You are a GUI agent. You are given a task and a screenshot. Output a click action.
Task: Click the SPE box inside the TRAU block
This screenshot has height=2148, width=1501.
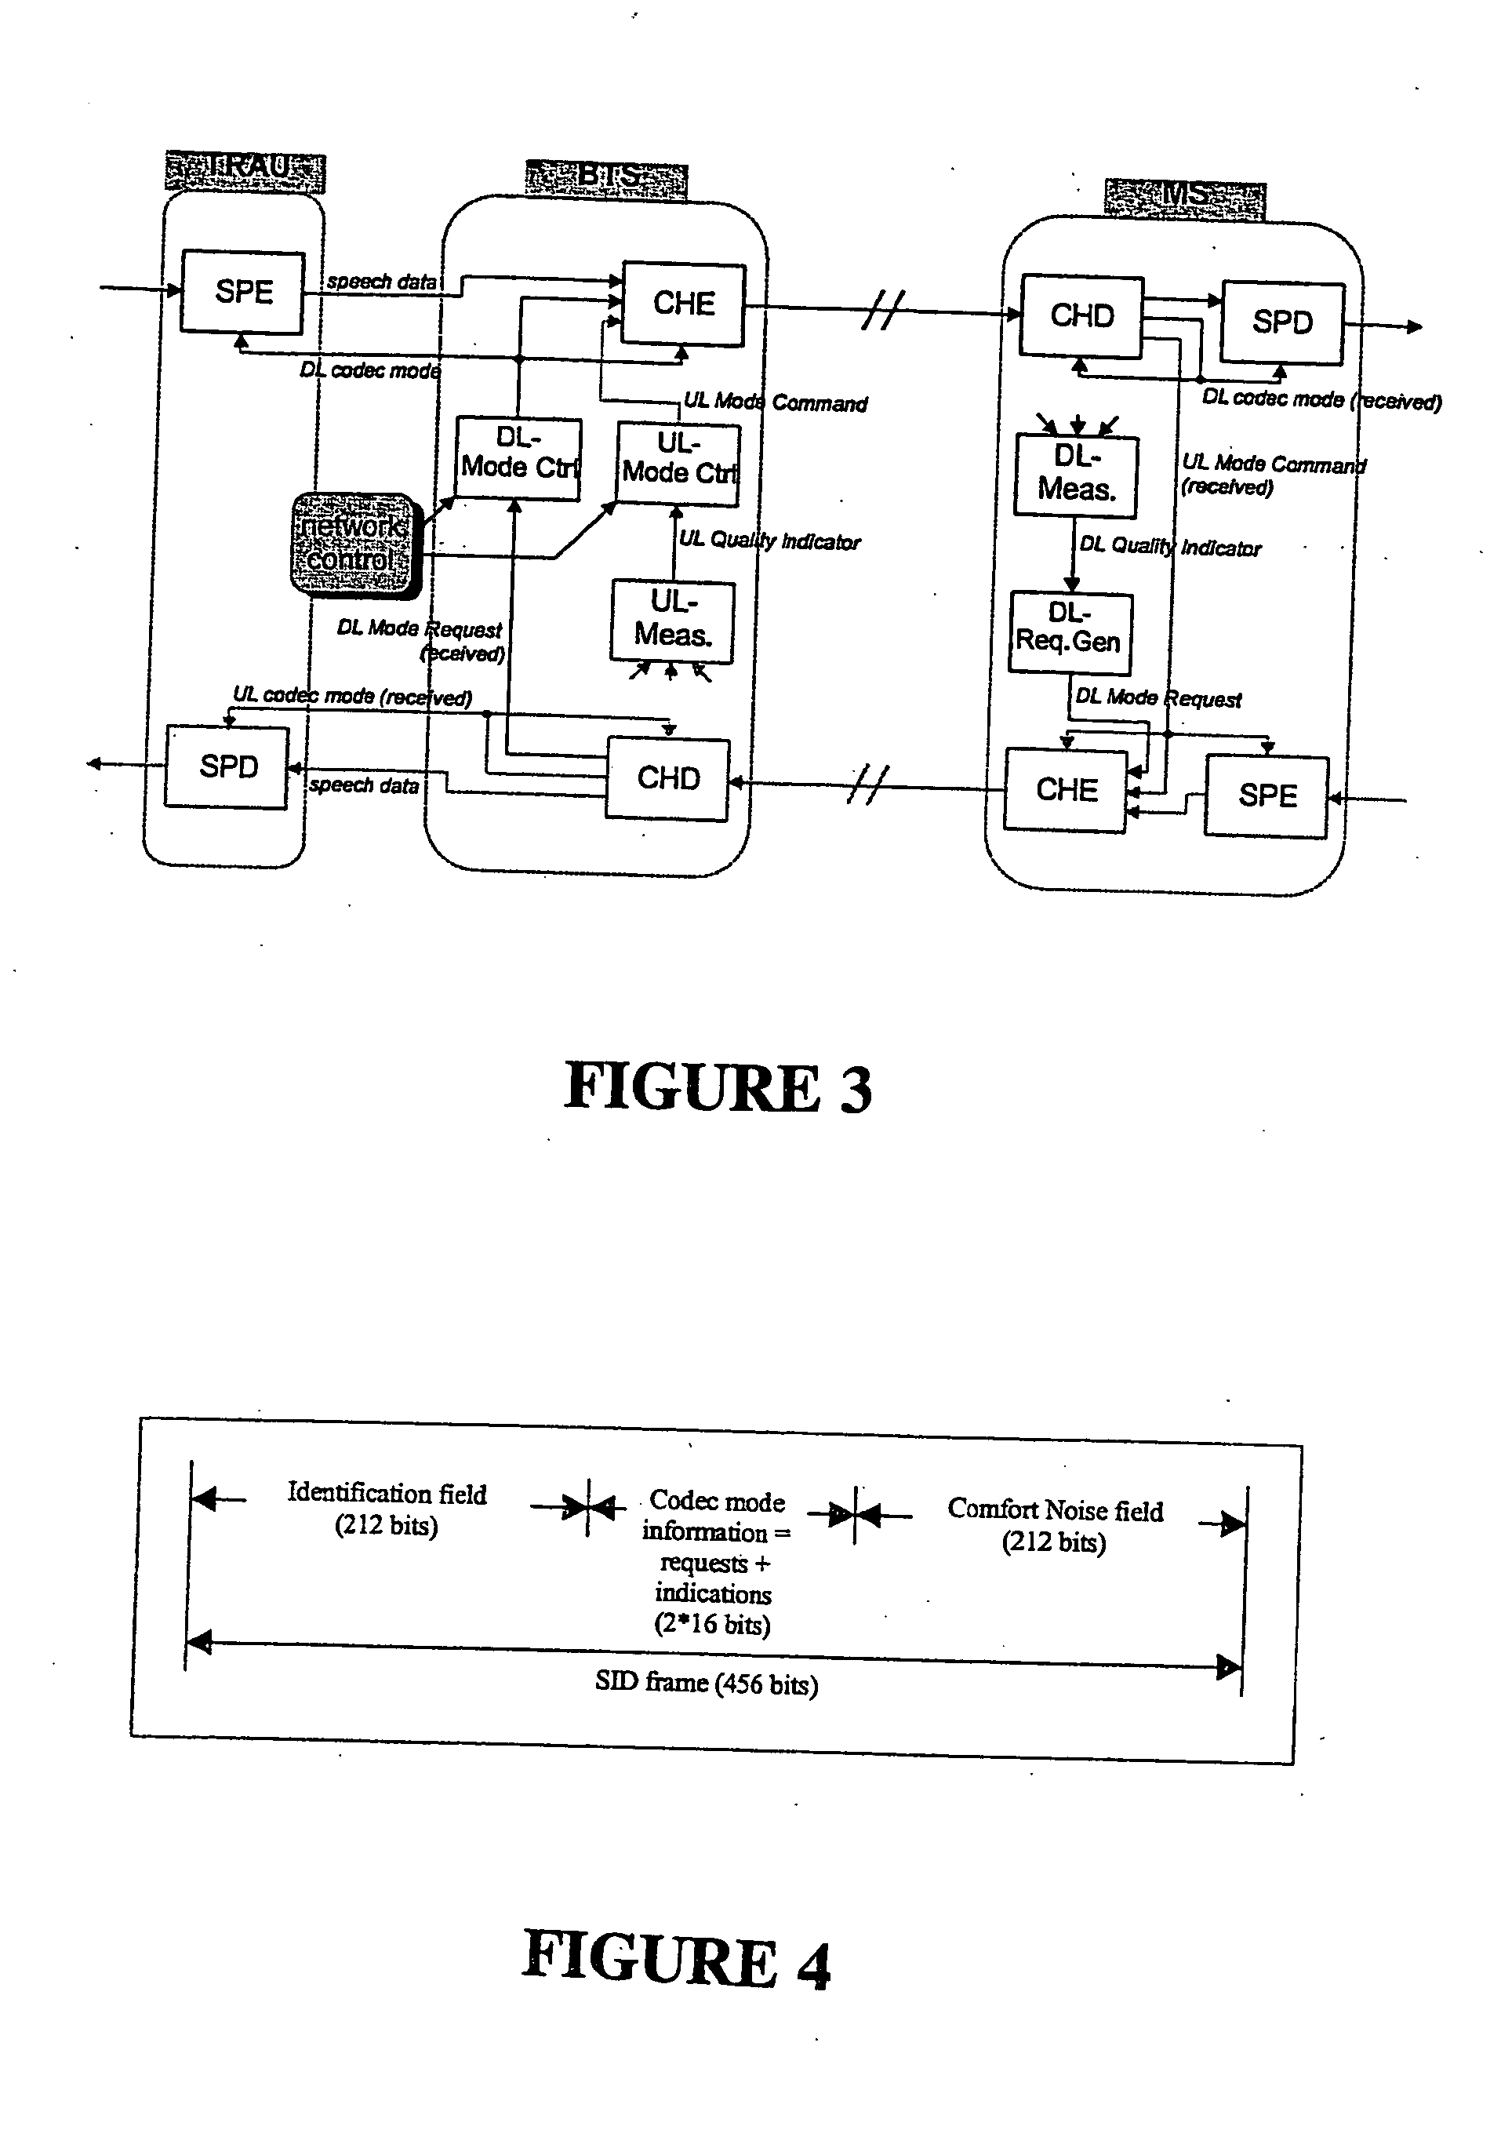[x=242, y=292]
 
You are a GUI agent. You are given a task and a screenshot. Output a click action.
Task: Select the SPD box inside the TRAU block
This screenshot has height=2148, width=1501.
[x=227, y=766]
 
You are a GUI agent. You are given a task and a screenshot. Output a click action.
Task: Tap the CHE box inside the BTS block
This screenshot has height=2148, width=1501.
[x=684, y=304]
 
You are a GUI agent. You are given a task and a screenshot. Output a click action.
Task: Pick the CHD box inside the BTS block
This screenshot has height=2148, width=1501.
[x=667, y=778]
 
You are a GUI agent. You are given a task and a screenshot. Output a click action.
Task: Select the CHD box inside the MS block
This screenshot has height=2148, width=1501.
[x=1081, y=316]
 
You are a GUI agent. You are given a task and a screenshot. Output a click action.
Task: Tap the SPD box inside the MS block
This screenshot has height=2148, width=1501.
[x=1282, y=322]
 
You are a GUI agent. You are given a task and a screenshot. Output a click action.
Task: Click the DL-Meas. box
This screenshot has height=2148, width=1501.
[x=1077, y=476]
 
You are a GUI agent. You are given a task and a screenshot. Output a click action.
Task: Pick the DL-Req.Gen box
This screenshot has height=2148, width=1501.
[x=1069, y=632]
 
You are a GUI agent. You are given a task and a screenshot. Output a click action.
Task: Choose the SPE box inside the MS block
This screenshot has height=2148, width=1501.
[x=1267, y=796]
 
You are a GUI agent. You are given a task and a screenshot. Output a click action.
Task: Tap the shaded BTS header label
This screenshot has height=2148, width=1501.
[x=606, y=178]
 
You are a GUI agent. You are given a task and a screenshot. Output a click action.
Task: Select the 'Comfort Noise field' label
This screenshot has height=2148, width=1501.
[x=1055, y=1509]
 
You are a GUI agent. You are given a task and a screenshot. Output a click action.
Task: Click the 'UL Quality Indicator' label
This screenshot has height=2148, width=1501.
[x=769, y=541]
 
